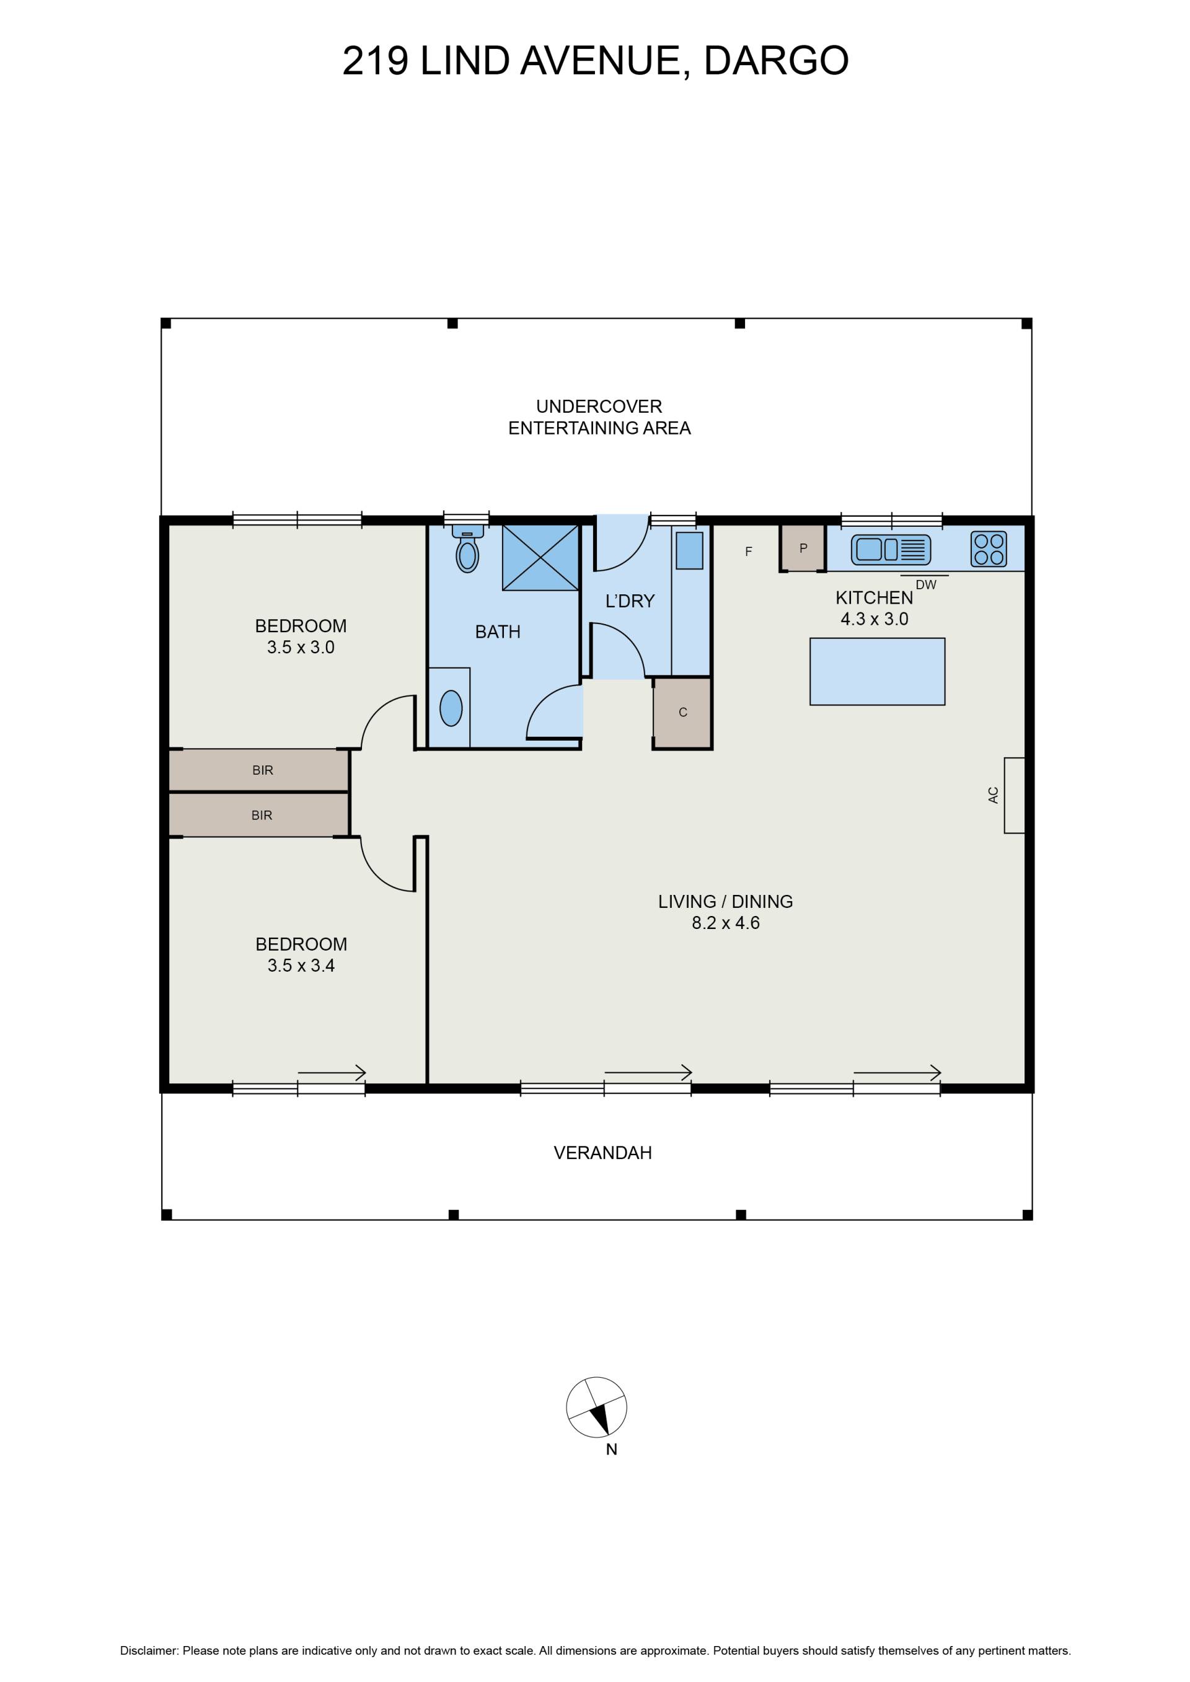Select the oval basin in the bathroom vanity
(451, 708)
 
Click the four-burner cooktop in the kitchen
(989, 548)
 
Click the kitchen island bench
(877, 672)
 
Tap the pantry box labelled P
(803, 548)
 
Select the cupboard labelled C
(682, 713)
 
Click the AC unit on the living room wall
(1014, 795)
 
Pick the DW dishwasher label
(926, 585)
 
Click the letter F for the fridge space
(748, 552)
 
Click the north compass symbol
(596, 1407)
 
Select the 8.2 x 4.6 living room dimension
(725, 923)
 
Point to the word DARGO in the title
(776, 61)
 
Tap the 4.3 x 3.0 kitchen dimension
(874, 619)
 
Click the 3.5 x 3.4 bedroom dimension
(301, 966)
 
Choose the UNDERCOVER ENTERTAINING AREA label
(599, 417)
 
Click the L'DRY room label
(630, 601)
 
